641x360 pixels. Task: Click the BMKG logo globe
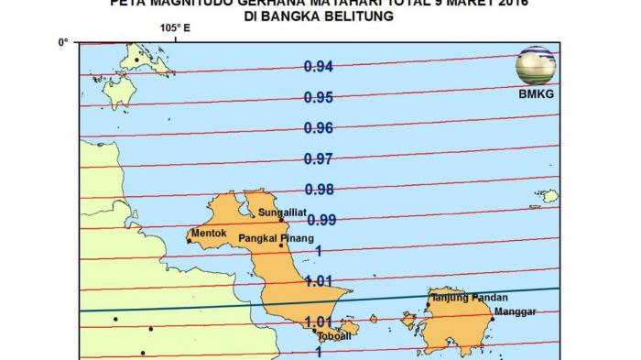536,65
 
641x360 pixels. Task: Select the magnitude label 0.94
319,66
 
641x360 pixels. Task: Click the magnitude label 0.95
319,97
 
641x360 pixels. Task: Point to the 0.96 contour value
319,128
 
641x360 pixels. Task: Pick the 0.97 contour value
319,159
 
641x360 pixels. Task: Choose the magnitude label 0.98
319,190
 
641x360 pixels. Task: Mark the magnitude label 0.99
322,220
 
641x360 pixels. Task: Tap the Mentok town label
210,234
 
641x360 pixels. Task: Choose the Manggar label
514,311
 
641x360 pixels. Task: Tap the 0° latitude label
63,42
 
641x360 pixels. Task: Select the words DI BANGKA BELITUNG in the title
320,16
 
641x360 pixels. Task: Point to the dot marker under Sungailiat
280,221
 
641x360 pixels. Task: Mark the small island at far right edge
549,196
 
